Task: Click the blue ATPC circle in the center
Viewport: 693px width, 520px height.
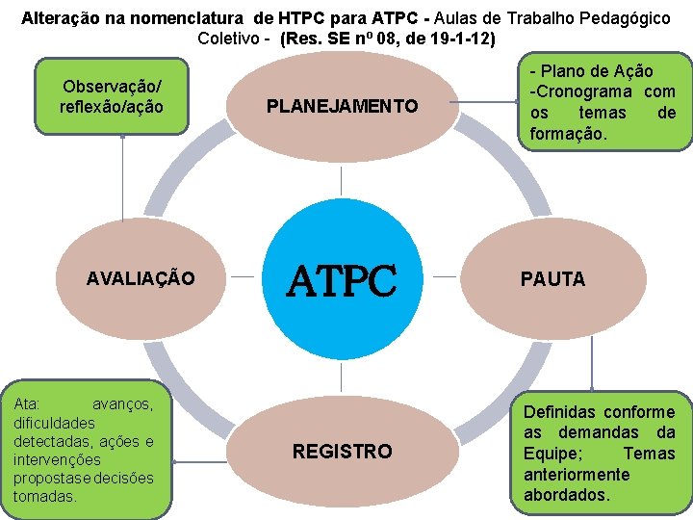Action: pos(343,279)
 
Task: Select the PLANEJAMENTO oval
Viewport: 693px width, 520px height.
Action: pos(343,106)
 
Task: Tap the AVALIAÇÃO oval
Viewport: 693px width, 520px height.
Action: pos(141,279)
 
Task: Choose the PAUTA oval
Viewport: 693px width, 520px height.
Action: pos(552,279)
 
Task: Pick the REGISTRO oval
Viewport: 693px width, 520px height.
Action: pos(343,451)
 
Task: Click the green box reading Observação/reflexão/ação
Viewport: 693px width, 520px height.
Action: pos(111,96)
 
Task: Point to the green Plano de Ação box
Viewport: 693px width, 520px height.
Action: pos(603,103)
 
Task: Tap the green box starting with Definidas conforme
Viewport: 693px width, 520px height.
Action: pos(599,453)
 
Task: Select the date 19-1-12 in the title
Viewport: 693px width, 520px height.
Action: pos(464,39)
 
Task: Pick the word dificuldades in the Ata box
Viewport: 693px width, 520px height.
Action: pos(54,422)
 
